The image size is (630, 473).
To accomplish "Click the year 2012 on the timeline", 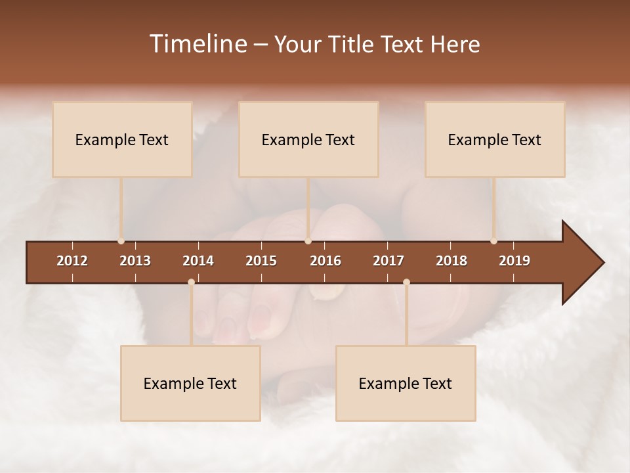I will click(x=72, y=261).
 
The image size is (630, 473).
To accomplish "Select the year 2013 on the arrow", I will click(x=135, y=261).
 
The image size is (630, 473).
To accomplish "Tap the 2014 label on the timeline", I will click(x=198, y=261).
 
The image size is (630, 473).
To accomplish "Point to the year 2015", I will click(x=261, y=261).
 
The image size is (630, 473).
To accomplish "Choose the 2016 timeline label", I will click(x=325, y=261).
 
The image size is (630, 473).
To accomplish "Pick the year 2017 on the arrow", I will click(x=388, y=261).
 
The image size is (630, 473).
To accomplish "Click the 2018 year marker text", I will click(x=451, y=261).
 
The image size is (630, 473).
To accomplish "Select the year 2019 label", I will click(x=514, y=261).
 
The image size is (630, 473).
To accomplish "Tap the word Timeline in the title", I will click(x=197, y=44).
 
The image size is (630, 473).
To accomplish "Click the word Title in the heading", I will click(x=352, y=44).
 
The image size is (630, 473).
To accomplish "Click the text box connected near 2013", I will click(x=122, y=139).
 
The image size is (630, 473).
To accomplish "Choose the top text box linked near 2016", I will click(x=308, y=139).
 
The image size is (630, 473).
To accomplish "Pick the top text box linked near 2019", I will click(x=495, y=139).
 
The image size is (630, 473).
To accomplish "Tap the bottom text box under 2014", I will click(x=190, y=383).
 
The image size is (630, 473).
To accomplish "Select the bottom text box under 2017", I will click(x=406, y=383).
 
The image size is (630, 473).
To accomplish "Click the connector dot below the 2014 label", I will click(x=191, y=282).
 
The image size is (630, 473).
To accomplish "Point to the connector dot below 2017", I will click(x=406, y=282).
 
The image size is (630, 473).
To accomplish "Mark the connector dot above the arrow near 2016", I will click(x=308, y=241).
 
